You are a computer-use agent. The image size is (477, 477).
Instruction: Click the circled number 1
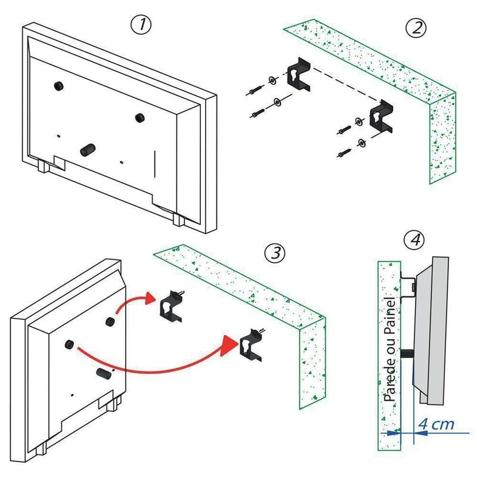pyautogui.click(x=141, y=26)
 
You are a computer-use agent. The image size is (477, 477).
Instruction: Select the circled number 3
pyautogui.click(x=274, y=252)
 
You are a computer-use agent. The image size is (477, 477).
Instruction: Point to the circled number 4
pyautogui.click(x=414, y=240)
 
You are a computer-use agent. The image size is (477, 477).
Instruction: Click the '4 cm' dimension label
pyautogui.click(x=435, y=425)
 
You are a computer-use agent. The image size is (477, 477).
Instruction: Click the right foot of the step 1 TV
pyautogui.click(x=178, y=219)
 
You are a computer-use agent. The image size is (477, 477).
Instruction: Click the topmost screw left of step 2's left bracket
pyautogui.click(x=253, y=91)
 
